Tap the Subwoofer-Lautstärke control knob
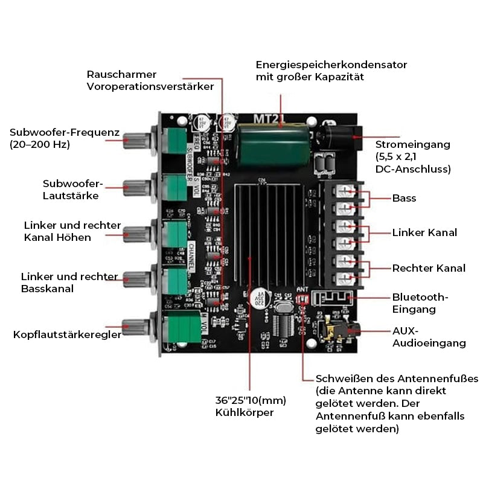click(134, 185)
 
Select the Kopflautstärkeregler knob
click(134, 327)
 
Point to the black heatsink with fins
click(272, 235)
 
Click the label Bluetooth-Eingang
click(420, 303)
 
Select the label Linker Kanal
click(424, 232)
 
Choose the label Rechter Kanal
click(429, 267)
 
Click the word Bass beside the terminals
click(404, 198)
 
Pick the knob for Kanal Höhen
click(134, 232)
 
